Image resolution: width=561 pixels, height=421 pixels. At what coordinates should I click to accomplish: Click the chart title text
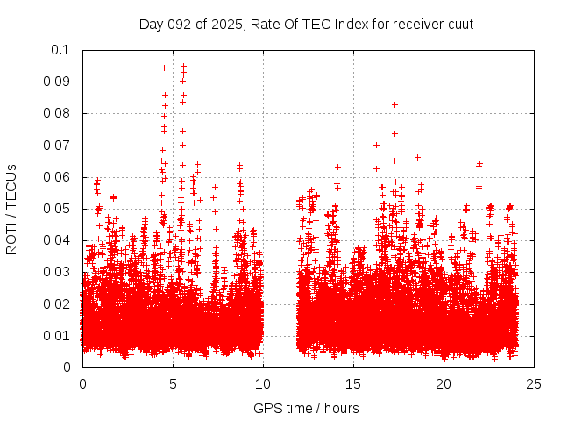pos(306,24)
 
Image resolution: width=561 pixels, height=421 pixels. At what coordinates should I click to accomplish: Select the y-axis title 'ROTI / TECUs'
pos(11,209)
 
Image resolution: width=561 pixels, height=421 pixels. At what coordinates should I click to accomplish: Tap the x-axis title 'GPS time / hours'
pos(306,408)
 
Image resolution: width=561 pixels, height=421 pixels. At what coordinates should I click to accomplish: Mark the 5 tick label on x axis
pos(173,384)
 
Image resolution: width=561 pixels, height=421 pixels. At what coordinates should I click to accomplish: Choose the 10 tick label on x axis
pos(263,384)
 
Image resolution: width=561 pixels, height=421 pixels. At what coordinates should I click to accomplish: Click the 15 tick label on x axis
pos(353,384)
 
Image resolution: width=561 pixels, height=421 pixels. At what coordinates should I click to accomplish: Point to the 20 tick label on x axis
pos(444,384)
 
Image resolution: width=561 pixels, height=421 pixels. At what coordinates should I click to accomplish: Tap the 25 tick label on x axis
pos(534,384)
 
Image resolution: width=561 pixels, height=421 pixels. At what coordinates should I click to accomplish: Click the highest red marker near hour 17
pos(394,104)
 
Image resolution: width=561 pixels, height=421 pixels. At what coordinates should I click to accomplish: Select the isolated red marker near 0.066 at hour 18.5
pos(417,157)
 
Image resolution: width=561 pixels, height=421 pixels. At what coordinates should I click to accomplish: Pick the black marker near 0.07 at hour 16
pos(376,145)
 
